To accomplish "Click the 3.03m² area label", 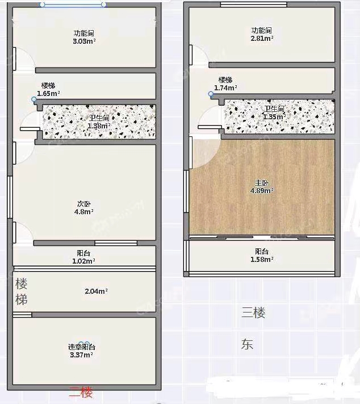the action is pyautogui.click(x=84, y=41).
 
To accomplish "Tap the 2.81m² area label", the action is pyautogui.click(x=262, y=39).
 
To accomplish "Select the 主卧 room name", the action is pyautogui.click(x=262, y=183).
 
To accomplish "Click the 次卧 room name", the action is pyautogui.click(x=84, y=204).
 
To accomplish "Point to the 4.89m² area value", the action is pyautogui.click(x=262, y=191).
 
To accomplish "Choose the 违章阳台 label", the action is pyautogui.click(x=82, y=347).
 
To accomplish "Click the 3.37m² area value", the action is pyautogui.click(x=81, y=355).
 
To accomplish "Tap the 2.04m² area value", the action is pyautogui.click(x=96, y=291).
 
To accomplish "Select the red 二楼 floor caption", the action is pyautogui.click(x=81, y=393).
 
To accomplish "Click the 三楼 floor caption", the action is pyautogui.click(x=253, y=313).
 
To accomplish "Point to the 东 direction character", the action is pyautogui.click(x=247, y=344).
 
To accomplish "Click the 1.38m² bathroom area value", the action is pyautogui.click(x=99, y=126).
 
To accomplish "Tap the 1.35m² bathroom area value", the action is pyautogui.click(x=274, y=116).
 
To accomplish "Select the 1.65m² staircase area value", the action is pyautogui.click(x=48, y=94).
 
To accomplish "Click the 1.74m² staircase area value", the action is pyautogui.click(x=225, y=88).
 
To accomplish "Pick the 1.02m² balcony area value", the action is pyautogui.click(x=83, y=261).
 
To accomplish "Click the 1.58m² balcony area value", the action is pyautogui.click(x=262, y=259).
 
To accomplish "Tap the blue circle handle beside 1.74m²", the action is pyautogui.click(x=211, y=94).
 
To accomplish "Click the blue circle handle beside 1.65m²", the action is pyautogui.click(x=34, y=99).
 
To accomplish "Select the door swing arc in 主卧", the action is pyautogui.click(x=214, y=159).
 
